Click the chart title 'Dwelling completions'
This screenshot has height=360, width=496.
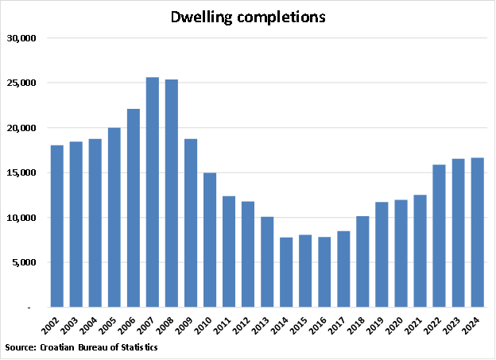tap(248, 17)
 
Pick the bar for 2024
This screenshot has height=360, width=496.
tap(477, 232)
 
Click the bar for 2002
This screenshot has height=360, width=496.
tap(57, 226)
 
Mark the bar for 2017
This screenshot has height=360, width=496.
tap(343, 269)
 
